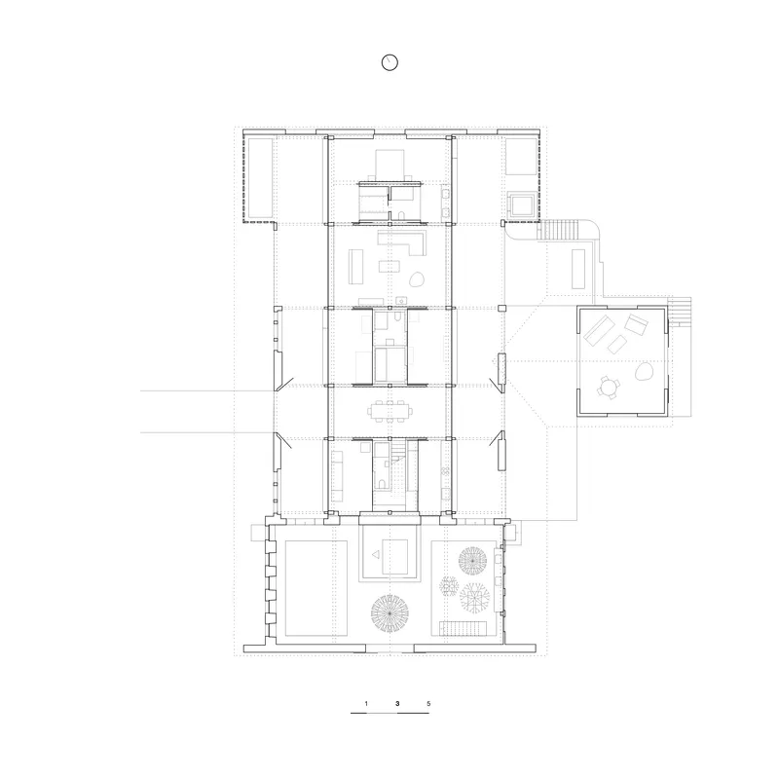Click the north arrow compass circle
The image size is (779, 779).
click(x=390, y=62)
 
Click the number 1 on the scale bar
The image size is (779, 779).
click(x=366, y=703)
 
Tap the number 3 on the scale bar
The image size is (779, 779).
click(x=397, y=703)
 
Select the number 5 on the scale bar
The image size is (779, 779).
click(x=428, y=703)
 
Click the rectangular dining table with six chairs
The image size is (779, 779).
click(x=390, y=411)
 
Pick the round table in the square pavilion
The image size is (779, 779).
click(x=608, y=387)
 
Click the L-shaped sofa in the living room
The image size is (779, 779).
click(x=402, y=241)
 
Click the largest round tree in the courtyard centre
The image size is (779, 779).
click(x=390, y=613)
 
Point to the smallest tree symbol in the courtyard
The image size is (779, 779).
click(x=449, y=586)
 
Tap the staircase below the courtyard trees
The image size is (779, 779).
click(x=463, y=628)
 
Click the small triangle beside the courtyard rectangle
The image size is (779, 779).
click(x=376, y=554)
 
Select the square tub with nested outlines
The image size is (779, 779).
click(x=521, y=204)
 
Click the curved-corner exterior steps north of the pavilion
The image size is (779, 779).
click(x=559, y=230)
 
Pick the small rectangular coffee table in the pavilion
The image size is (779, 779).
click(x=617, y=345)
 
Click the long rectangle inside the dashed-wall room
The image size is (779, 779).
click(x=260, y=177)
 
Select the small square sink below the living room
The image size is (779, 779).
click(x=401, y=300)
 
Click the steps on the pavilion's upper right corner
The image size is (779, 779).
click(x=679, y=311)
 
